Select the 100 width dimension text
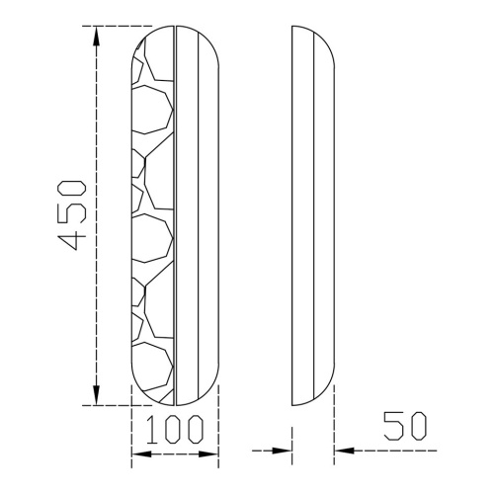(x=174, y=429)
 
